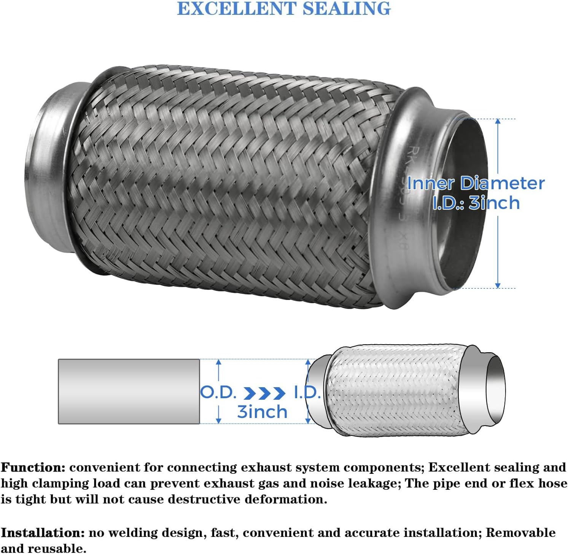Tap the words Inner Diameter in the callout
[x=476, y=183]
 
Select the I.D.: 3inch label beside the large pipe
[x=476, y=203]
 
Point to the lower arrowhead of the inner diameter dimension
[x=498, y=285]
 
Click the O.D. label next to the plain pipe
[x=218, y=393]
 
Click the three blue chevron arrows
[x=264, y=393]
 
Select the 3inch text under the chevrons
[x=262, y=412]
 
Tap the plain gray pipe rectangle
[x=129, y=391]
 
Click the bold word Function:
[x=33, y=467]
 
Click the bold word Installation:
[x=43, y=533]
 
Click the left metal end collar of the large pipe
[x=49, y=167]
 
